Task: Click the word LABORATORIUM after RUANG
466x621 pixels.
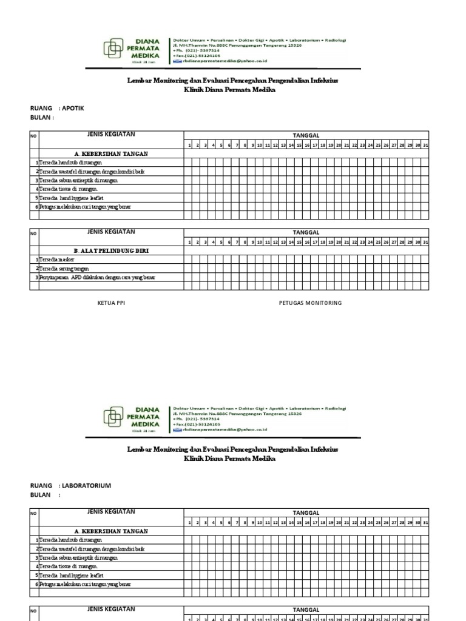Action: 87,486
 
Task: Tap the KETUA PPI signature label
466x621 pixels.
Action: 112,302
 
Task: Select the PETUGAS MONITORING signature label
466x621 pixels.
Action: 310,302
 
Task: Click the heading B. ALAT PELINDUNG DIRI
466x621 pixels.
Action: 111,250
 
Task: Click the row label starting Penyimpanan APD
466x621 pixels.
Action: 97,277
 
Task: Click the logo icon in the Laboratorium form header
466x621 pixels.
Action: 113,417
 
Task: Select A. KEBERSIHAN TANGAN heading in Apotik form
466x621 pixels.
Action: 111,154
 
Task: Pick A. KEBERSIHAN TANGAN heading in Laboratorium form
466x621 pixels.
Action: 111,531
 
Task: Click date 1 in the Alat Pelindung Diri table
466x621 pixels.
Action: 190,242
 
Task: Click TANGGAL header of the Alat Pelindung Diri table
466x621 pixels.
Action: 306,232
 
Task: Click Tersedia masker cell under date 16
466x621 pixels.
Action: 308,260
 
